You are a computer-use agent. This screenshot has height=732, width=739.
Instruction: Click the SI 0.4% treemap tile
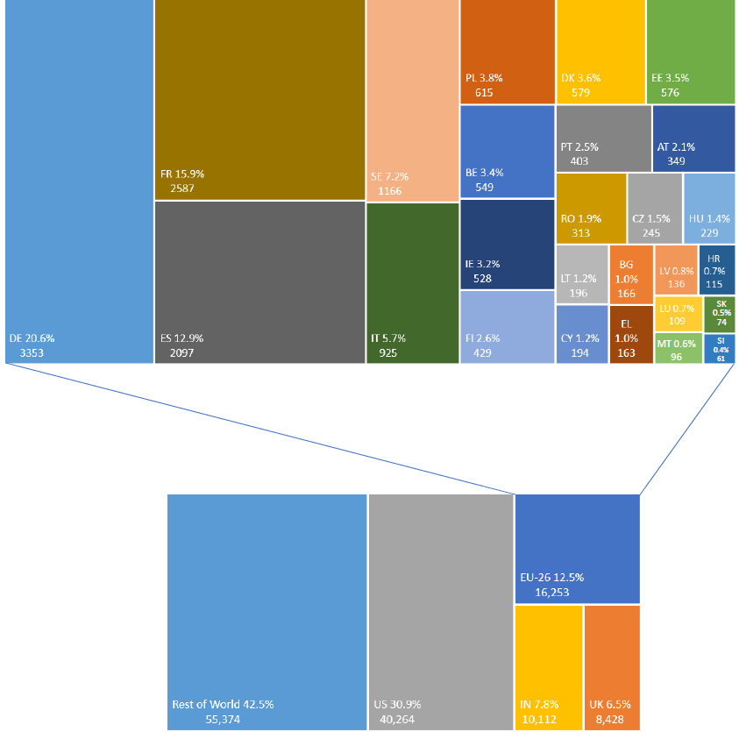tap(720, 348)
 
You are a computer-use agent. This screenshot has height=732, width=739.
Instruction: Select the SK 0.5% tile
tap(720, 314)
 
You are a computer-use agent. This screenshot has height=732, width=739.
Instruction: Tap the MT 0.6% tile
tap(678, 348)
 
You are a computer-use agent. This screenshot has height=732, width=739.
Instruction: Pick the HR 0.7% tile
tap(717, 270)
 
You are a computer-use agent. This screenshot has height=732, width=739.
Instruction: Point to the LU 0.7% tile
tap(678, 314)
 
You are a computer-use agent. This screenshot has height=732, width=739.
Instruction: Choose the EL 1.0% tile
tap(626, 334)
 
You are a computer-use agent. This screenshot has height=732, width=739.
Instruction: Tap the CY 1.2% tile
tap(581, 334)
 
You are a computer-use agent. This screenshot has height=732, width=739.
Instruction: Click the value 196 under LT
tap(579, 292)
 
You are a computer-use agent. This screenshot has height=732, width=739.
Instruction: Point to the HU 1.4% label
tap(709, 218)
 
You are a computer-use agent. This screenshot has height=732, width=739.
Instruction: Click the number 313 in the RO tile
tap(580, 232)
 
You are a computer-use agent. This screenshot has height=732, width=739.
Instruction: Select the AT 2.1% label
tap(676, 147)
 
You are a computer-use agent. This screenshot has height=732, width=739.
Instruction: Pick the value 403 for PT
tap(579, 161)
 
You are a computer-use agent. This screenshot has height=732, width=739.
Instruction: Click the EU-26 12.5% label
tap(552, 578)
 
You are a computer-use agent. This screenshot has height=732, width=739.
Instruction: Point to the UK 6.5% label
tap(610, 705)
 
